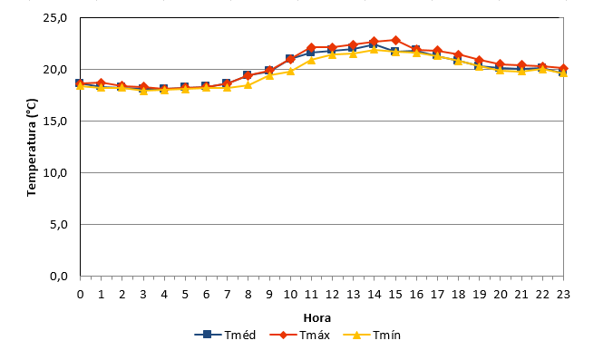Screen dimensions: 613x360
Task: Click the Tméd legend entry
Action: pos(225,335)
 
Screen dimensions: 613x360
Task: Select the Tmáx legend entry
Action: pos(300,335)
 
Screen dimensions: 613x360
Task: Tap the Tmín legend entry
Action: pos(372,335)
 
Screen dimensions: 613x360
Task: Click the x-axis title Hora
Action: pos(317,318)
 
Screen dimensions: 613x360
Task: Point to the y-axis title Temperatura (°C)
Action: pos(32,148)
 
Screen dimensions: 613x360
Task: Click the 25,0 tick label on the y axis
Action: pos(55,18)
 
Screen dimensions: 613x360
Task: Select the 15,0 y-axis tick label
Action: pos(55,122)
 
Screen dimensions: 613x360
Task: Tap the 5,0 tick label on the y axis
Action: pos(59,224)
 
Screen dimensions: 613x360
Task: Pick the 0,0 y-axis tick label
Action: pos(59,277)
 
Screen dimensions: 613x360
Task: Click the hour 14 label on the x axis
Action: pos(375,295)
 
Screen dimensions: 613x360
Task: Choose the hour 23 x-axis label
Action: pos(563,295)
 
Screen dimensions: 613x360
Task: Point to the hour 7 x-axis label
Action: pos(227,295)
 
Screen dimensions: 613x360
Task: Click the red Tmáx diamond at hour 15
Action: pos(395,40)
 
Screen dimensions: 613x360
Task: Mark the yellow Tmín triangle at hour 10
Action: pos(290,71)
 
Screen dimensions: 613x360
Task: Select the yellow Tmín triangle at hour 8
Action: pos(248,85)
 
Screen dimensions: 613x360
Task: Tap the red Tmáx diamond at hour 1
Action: pos(102,83)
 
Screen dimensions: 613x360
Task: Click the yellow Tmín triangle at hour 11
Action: pos(311,60)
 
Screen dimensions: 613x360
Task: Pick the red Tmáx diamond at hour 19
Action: pos(480,60)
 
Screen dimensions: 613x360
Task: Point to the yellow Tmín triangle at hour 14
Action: pos(375,49)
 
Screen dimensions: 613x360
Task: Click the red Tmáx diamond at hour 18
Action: pos(458,54)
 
